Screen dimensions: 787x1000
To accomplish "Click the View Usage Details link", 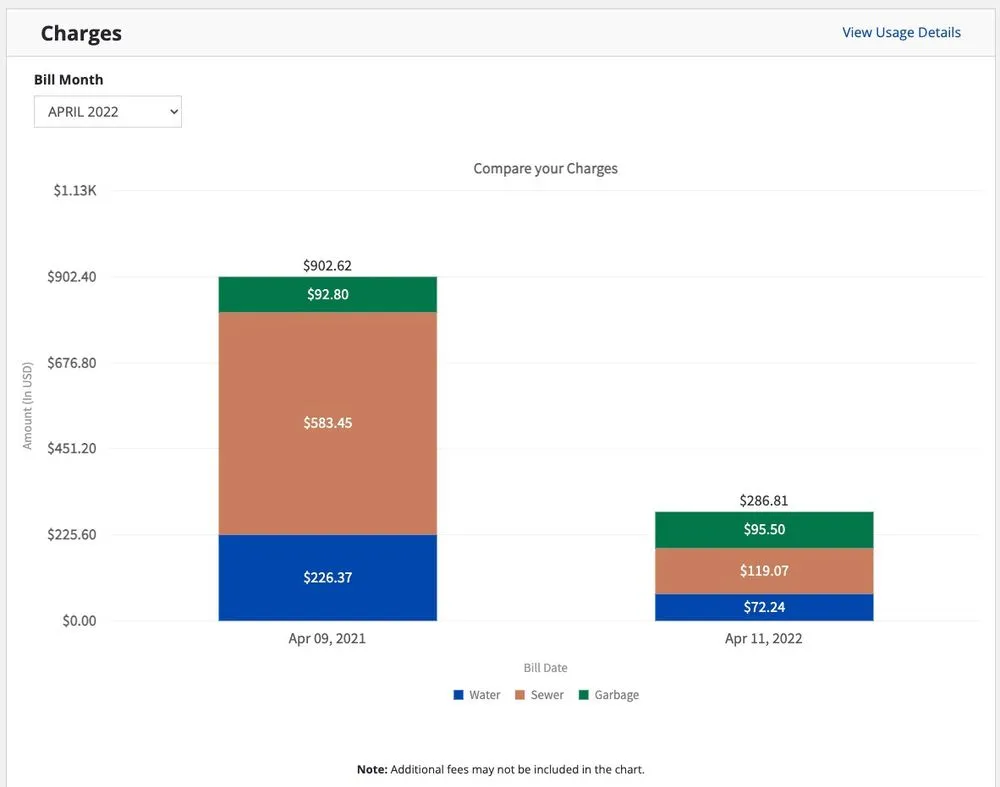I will tap(901, 33).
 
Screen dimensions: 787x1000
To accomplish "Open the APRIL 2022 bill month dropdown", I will tap(108, 112).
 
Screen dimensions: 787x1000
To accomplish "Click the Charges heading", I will tap(81, 33).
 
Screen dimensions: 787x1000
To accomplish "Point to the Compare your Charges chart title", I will tap(545, 169).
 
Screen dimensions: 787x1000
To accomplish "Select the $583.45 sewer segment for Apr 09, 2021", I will tap(328, 423).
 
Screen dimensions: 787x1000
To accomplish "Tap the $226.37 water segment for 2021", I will tap(328, 577).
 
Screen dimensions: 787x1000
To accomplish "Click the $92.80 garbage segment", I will tap(328, 294).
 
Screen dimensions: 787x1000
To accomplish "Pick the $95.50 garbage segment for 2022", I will tap(764, 530).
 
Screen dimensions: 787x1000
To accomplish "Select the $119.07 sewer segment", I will tap(764, 571).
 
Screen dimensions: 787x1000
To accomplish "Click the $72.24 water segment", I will tap(764, 607).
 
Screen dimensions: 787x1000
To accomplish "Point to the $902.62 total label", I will tap(328, 266).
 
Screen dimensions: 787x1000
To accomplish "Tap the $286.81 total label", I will tap(764, 501).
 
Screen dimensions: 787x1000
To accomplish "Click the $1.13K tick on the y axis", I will tap(75, 190).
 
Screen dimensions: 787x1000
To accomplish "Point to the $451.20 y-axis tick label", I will tap(72, 448).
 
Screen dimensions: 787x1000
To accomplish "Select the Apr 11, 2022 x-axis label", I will tap(764, 639).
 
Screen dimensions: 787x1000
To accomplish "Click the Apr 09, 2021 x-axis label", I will tap(328, 639).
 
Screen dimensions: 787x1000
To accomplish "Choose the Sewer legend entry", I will tap(540, 695).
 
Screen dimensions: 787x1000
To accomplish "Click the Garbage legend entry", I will tap(609, 695).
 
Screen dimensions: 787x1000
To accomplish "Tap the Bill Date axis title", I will tap(545, 668).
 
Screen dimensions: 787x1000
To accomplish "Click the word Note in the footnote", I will tap(372, 770).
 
